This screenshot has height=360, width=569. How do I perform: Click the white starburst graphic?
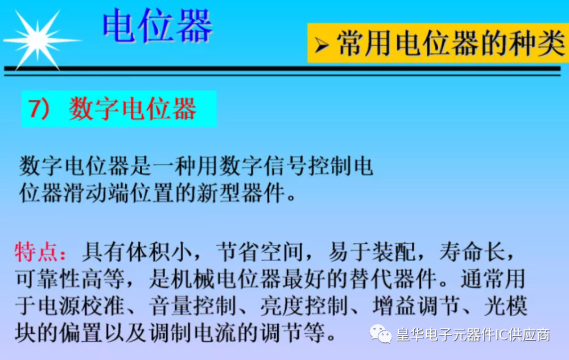pyautogui.click(x=38, y=40)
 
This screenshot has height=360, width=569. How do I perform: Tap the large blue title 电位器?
pyautogui.click(x=158, y=26)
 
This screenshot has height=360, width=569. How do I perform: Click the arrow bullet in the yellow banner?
pyautogui.click(x=321, y=45)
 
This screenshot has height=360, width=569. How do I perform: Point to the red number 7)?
pyautogui.click(x=39, y=109)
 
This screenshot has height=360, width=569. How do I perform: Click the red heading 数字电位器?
pyautogui.click(x=133, y=109)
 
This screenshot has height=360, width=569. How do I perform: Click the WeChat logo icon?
pyautogui.click(x=380, y=334)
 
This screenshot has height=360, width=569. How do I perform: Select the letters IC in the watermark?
pyautogui.click(x=502, y=334)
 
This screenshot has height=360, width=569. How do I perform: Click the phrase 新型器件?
pyautogui.click(x=241, y=193)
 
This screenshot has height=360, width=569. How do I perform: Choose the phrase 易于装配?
pyautogui.click(x=372, y=251)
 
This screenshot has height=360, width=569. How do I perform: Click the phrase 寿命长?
pyautogui.click(x=472, y=251)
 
